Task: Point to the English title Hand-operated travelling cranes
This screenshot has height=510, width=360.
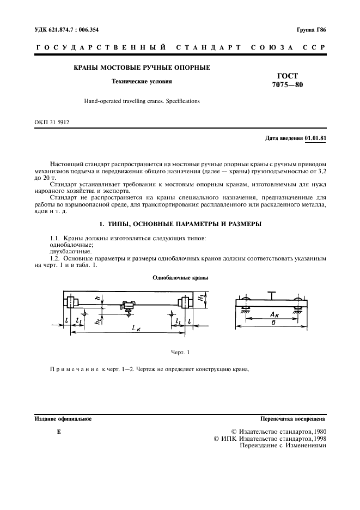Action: pos(142,101)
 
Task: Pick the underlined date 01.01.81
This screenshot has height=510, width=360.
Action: pos(315,138)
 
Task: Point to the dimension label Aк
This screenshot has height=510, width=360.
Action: pos(275,315)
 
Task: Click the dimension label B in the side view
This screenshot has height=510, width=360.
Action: pos(272,323)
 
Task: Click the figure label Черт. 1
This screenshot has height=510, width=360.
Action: pos(180,352)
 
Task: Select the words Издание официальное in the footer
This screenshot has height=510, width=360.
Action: pos(63,419)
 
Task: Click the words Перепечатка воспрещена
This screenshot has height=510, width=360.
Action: pos(293,419)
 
